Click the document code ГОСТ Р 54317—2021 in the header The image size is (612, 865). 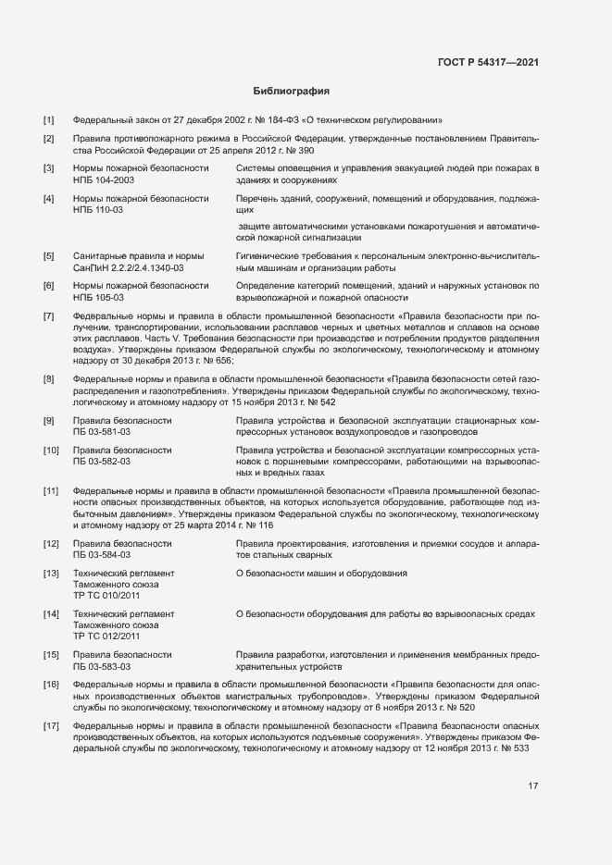click(487, 62)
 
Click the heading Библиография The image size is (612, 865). click(292, 92)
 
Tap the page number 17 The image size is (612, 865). click(533, 786)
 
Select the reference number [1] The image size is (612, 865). click(49, 120)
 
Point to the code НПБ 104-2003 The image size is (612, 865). click(103, 181)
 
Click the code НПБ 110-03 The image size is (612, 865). click(97, 210)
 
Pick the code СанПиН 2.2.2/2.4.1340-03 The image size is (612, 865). click(128, 267)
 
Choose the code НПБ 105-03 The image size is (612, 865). click(97, 298)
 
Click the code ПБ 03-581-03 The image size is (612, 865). click(102, 432)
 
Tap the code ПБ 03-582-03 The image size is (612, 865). click(102, 461)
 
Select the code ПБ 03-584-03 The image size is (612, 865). click(102, 555)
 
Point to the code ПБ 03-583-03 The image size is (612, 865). click(102, 666)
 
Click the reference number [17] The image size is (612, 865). click(51, 725)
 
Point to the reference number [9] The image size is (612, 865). click(49, 421)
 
